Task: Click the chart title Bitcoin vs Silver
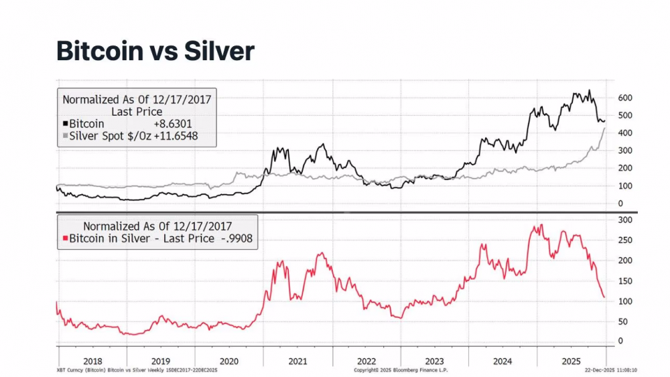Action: (155, 51)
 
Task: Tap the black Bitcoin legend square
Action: (66, 124)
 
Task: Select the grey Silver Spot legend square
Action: (66, 137)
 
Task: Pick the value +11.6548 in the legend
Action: (176, 137)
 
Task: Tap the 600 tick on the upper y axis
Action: (624, 98)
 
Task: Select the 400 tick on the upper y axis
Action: (624, 133)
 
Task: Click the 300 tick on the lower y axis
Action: (624, 220)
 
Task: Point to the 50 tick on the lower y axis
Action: (622, 321)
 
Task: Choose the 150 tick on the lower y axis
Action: (624, 281)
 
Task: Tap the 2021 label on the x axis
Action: (297, 362)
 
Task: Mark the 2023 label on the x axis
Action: (434, 362)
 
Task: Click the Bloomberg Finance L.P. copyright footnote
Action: (401, 370)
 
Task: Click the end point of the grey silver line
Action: (606, 127)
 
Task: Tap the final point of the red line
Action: (604, 297)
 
